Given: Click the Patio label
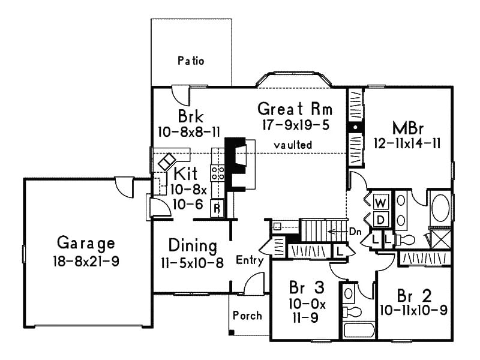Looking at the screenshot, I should tap(191, 61).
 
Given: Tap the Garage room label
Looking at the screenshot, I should tap(86, 243).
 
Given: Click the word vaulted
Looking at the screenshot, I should tap(293, 145).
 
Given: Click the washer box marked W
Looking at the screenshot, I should tap(380, 202).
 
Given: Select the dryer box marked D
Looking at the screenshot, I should tap(380, 220).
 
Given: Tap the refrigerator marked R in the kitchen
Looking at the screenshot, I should tap(217, 208).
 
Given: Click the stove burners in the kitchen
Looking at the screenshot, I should tap(217, 173).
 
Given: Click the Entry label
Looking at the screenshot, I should tap(250, 260).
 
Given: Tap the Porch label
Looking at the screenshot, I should tap(247, 315).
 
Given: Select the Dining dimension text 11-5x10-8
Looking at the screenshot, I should tap(192, 263).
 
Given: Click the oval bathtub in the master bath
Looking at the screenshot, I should tap(440, 208).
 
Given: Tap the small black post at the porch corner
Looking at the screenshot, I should tap(231, 332).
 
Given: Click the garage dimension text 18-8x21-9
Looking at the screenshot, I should tap(86, 262).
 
